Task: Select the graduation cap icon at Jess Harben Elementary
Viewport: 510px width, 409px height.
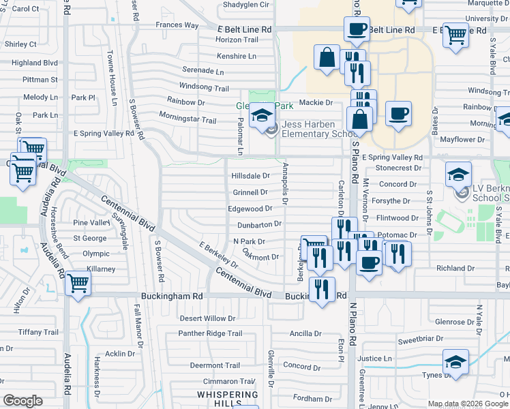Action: [260, 115]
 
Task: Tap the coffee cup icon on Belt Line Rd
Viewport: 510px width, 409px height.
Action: [356, 29]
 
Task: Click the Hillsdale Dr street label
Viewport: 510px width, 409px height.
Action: [251, 175]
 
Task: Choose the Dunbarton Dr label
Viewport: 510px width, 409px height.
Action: [259, 224]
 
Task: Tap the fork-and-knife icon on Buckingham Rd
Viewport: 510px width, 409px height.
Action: [322, 288]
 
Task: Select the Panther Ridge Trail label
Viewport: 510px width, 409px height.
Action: [210, 333]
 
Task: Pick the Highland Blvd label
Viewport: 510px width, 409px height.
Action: [35, 63]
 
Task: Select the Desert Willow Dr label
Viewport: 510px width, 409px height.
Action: [207, 318]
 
